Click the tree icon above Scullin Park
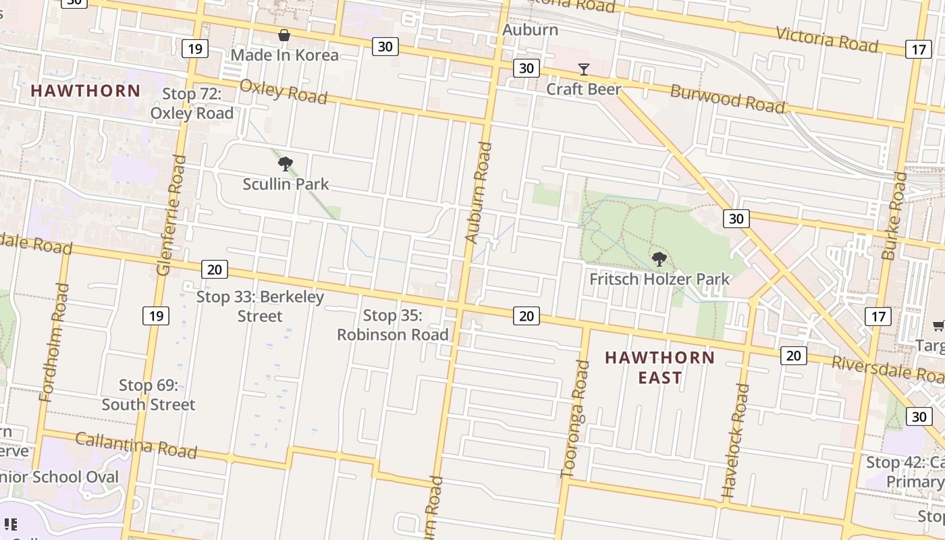click(x=285, y=163)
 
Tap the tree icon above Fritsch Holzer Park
click(x=659, y=259)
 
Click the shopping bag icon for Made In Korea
click(x=284, y=35)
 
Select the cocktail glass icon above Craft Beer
click(x=583, y=70)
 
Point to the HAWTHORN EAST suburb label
click(x=659, y=367)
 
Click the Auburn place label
click(x=530, y=30)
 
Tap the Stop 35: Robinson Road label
click(x=393, y=325)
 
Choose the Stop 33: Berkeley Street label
click(x=260, y=306)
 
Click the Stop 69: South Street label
click(x=148, y=395)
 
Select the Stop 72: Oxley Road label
click(x=192, y=103)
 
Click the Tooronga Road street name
click(x=576, y=418)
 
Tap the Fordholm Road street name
click(x=55, y=342)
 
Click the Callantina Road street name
click(x=136, y=445)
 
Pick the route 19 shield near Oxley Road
click(x=194, y=49)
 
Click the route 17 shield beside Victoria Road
click(x=919, y=49)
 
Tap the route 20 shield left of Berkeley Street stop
click(x=214, y=269)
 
